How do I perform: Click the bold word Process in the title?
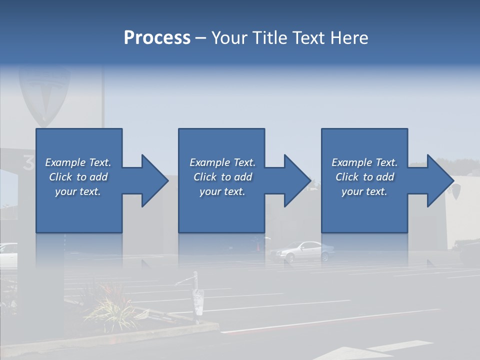point(157,37)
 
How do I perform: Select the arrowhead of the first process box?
point(153,180)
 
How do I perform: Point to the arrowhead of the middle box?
point(296,180)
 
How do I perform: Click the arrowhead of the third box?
point(439,180)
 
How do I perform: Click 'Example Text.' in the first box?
point(78,162)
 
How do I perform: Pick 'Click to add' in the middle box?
point(222,177)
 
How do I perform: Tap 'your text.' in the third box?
point(364,191)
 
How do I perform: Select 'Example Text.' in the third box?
point(364,162)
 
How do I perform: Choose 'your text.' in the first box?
point(78,191)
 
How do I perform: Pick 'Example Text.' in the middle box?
point(222,162)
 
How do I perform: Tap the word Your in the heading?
point(229,37)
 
